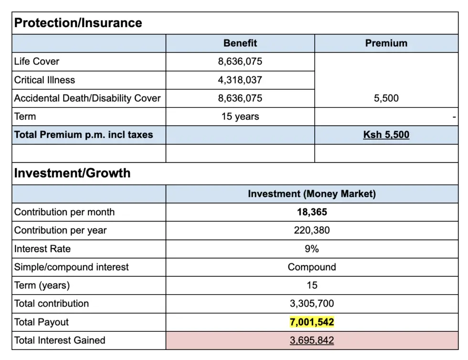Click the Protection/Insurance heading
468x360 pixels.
coord(78,23)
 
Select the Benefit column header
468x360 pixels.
coord(240,43)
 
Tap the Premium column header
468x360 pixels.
coord(386,43)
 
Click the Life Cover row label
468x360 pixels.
coord(37,62)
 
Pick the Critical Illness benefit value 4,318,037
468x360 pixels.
coord(240,80)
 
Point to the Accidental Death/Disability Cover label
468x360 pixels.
coord(87,98)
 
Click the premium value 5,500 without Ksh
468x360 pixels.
coord(386,98)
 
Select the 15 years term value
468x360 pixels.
coord(240,116)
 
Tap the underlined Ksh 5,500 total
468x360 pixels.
coord(386,135)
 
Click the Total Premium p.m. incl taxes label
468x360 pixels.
coord(84,135)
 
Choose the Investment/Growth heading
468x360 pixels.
coord(72,173)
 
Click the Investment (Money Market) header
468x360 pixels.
coord(311,194)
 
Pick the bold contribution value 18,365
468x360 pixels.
coord(311,212)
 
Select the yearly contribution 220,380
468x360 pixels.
coord(311,230)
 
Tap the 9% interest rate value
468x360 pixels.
coord(311,249)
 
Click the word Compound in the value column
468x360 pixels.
coord(311,267)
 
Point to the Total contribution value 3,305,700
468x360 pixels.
coord(311,304)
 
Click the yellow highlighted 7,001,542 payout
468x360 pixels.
coord(311,322)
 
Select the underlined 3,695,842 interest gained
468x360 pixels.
coord(311,340)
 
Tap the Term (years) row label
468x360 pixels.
coord(42,286)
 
